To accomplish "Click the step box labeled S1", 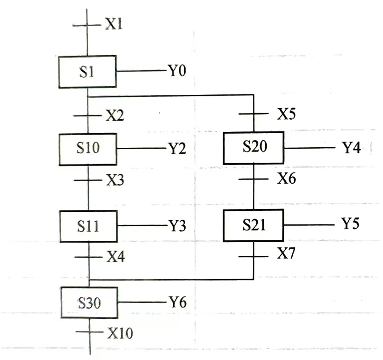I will click(87, 72).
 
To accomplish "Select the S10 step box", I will click(88, 149).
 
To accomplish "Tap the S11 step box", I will click(88, 226).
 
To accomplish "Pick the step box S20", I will click(254, 148).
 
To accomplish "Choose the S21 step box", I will click(254, 225).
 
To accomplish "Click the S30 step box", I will click(89, 303).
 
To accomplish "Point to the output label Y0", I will click(177, 72).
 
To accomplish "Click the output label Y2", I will click(177, 149).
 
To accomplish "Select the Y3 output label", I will click(177, 226).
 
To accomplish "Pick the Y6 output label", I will click(177, 302).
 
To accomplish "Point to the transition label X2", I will click(115, 116).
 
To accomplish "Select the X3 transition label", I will click(115, 180).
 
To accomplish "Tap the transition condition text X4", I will click(115, 257).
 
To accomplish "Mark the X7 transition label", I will click(286, 254).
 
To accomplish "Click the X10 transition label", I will click(120, 333).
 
